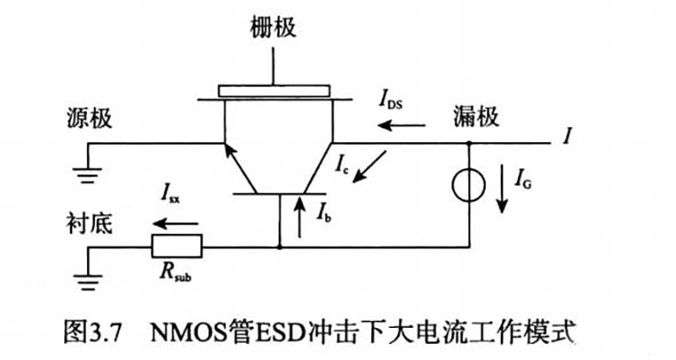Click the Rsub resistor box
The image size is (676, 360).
177,246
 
